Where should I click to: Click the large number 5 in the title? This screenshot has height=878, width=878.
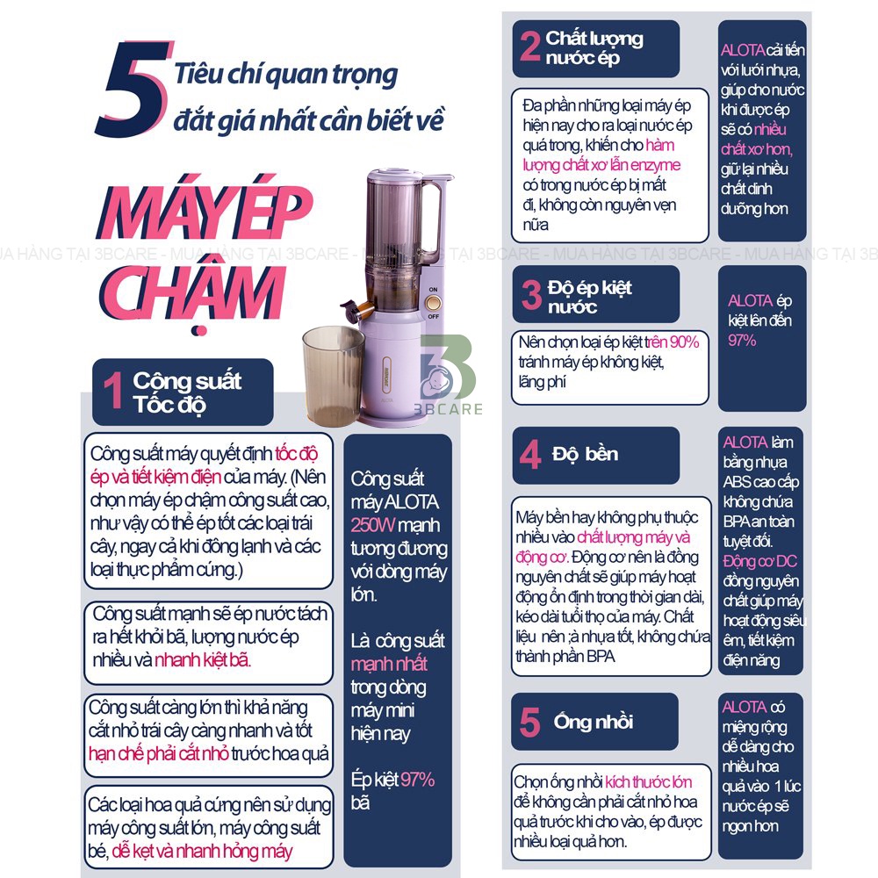point(133,89)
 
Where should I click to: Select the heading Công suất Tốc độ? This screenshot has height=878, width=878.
point(187,392)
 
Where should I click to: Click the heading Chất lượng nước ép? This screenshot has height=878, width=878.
point(594,47)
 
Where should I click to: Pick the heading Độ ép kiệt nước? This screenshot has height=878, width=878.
point(589,297)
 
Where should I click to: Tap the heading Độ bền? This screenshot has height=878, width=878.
point(585,454)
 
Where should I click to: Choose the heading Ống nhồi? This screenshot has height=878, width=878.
point(593,721)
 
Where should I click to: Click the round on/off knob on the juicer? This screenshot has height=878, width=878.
point(433,303)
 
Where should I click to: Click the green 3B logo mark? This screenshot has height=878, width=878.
point(448,367)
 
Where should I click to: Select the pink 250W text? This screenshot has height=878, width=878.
point(373,525)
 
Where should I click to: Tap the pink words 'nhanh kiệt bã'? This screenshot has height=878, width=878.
point(202,660)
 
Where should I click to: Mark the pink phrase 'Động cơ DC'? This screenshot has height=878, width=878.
point(759,561)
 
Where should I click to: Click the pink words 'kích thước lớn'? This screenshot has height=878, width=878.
point(649,781)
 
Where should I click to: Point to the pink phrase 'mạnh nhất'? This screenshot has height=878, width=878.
point(389,664)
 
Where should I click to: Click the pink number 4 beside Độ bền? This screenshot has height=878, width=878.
point(529,455)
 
